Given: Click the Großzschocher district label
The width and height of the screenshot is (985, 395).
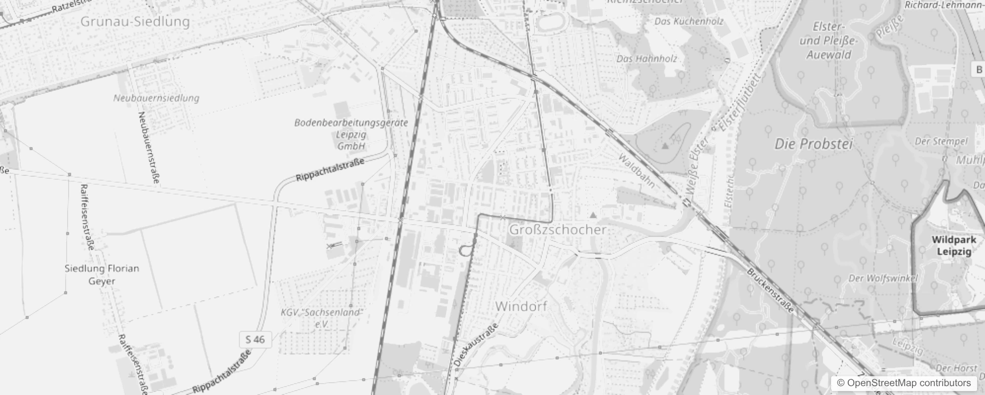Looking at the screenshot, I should pos(558,230).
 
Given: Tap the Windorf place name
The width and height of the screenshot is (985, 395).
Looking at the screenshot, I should pos(521,306).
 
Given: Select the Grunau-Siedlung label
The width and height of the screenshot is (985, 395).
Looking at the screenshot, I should pos(135,22).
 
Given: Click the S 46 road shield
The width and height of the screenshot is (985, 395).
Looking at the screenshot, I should pos(255,339).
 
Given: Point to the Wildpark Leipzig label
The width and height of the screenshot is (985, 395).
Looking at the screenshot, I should pos(954,245).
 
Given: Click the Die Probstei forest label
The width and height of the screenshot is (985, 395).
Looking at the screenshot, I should pos(813,144).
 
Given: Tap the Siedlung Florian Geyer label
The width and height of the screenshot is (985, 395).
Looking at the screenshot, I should pos(102,275).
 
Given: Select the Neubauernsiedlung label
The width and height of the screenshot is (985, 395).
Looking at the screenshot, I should pos(156,98).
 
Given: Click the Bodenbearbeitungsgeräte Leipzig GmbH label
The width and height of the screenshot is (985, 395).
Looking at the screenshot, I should pos(351,134).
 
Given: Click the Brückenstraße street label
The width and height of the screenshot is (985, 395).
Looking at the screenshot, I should pos(770,291).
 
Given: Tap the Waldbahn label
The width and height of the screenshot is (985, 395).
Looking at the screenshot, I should pos(637,171).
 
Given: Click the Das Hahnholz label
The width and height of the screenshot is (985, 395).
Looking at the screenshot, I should pos(646,59).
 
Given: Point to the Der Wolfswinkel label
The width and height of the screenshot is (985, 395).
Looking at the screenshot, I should pos(883,278).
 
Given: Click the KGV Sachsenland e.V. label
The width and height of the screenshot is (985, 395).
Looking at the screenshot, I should pos(321,318).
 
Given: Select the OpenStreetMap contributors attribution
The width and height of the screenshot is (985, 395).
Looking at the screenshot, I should pos(904,383).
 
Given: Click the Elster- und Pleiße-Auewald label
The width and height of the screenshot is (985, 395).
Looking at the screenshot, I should pos(829,40).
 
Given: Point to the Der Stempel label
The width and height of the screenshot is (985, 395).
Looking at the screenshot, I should pos(941,142).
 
